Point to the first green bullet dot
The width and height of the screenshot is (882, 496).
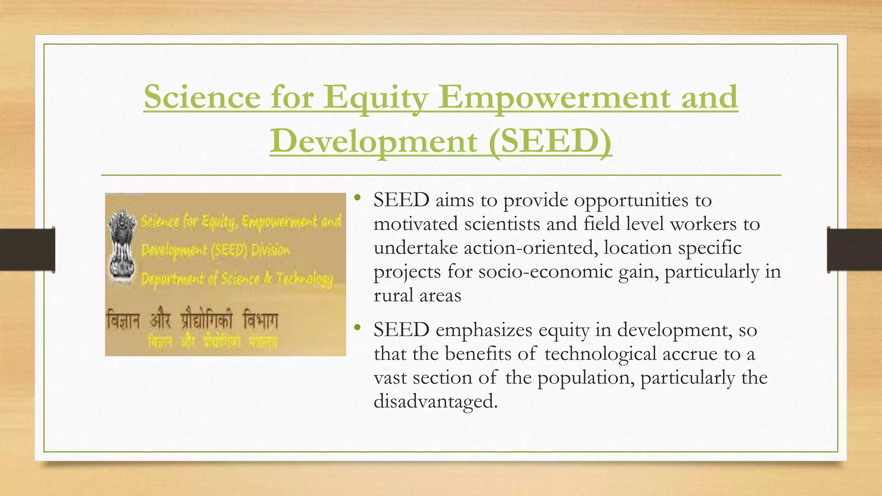(x=357, y=199)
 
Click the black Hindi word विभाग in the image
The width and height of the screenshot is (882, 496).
(x=261, y=321)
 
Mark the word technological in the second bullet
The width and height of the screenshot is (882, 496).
(x=600, y=354)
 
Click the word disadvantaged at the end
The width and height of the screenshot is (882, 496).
(x=435, y=401)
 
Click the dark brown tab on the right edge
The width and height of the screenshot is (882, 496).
(x=854, y=250)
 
